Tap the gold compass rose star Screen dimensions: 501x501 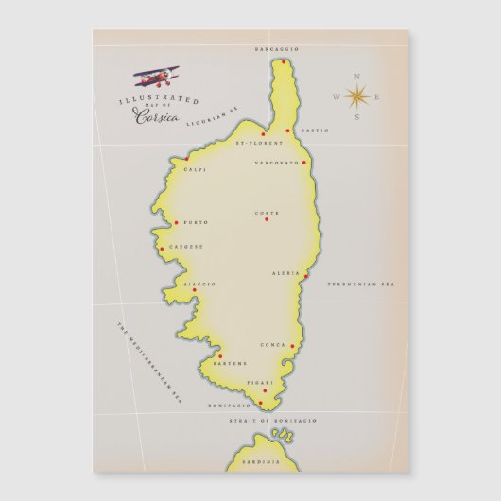(x=357, y=95)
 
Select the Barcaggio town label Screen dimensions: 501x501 (x=277, y=48)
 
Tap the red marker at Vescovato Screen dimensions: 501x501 (x=304, y=162)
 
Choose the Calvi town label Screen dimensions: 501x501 (x=195, y=170)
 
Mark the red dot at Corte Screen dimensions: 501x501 (x=267, y=219)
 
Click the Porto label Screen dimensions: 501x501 (x=197, y=223)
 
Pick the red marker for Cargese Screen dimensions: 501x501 (x=162, y=249)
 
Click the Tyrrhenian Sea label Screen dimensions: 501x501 (x=360, y=284)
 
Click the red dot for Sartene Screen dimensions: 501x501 (x=220, y=356)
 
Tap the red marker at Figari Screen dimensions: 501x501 (x=264, y=390)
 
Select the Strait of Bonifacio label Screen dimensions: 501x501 (x=272, y=419)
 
